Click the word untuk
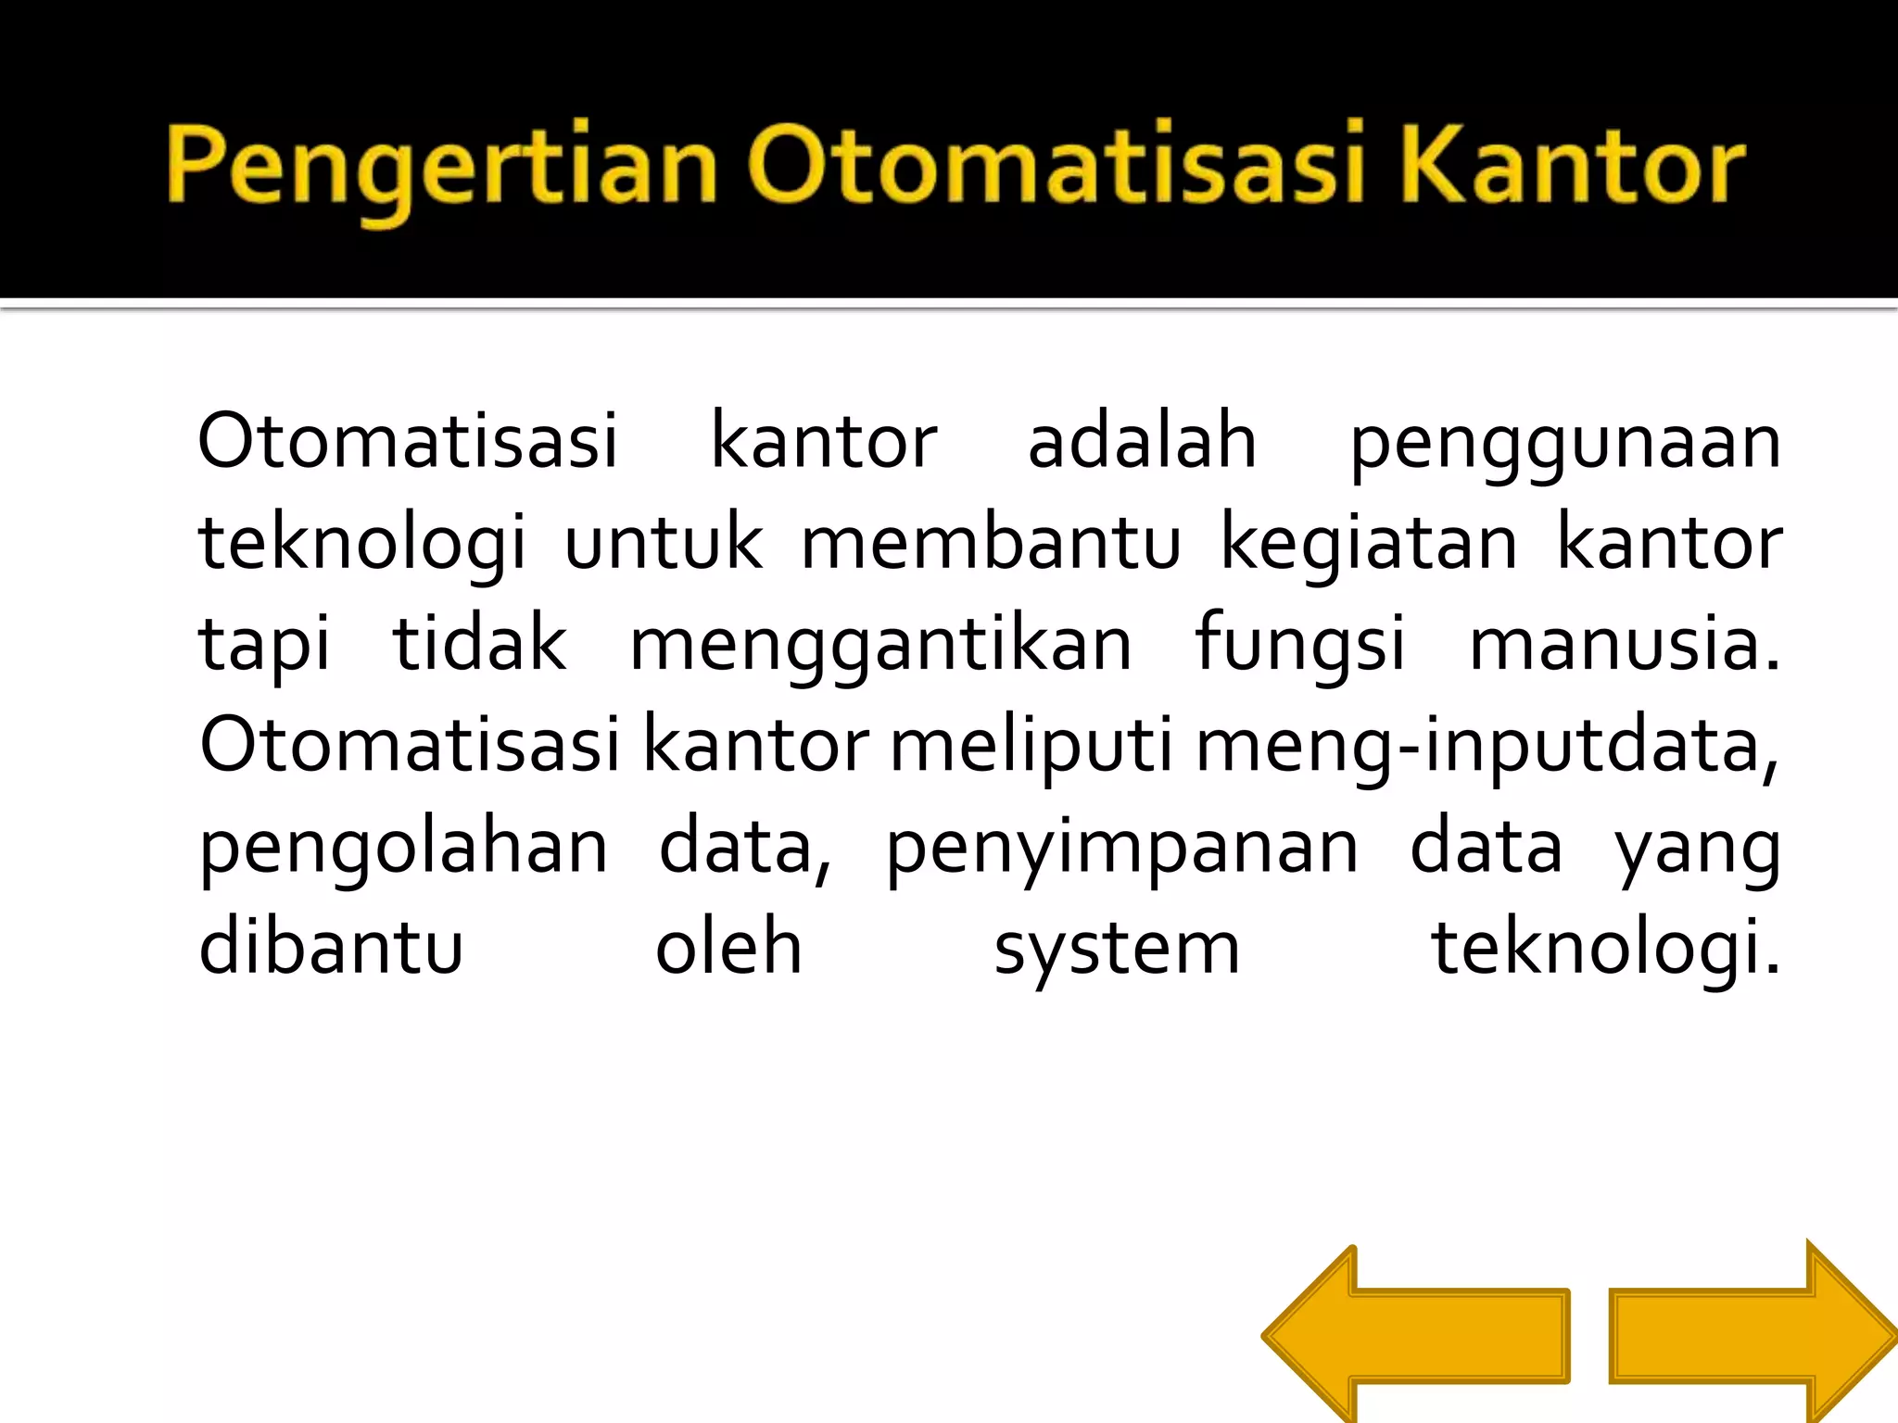(x=664, y=543)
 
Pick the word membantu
(x=990, y=543)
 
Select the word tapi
(x=264, y=647)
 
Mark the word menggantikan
(x=880, y=647)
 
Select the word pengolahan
(x=404, y=849)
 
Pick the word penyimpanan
(x=1121, y=849)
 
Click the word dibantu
(x=331, y=949)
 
